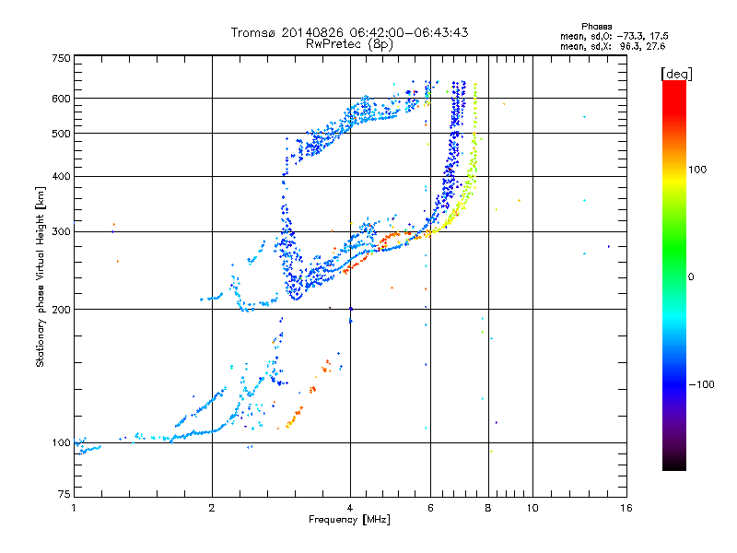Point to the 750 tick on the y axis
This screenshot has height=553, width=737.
61,58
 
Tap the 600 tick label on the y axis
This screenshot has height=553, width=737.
61,98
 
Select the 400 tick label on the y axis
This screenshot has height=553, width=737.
61,176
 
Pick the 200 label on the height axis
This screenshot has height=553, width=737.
61,309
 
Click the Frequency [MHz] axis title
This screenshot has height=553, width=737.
349,521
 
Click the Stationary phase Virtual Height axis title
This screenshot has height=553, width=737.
41,276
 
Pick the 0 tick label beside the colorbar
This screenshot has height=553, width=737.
691,276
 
